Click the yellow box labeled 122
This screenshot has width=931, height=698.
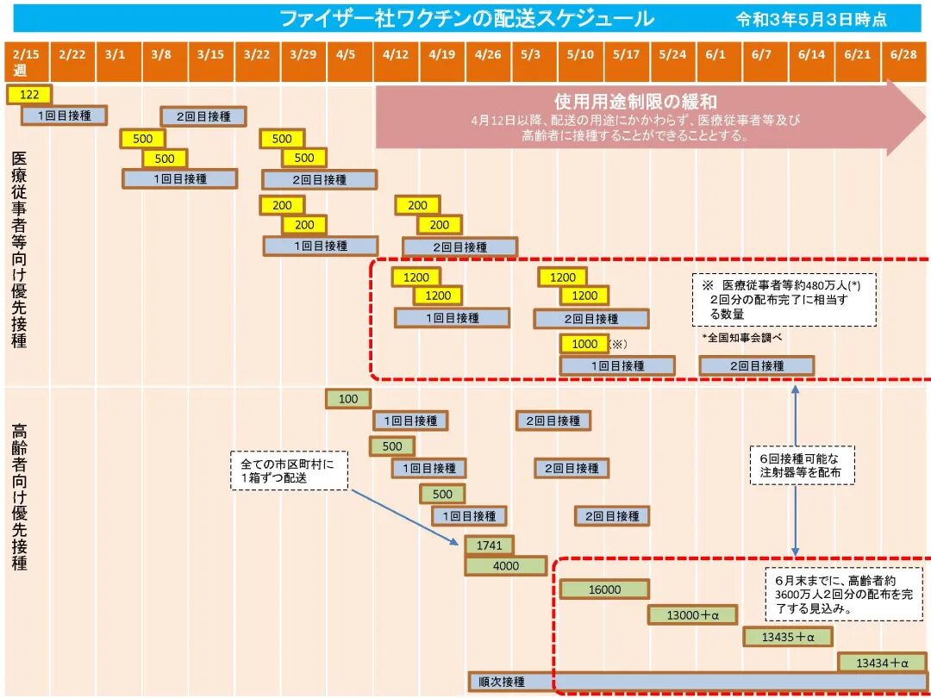click(x=29, y=94)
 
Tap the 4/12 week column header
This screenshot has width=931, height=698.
click(x=396, y=55)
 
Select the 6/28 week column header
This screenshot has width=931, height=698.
click(x=903, y=55)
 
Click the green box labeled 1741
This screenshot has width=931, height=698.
click(x=489, y=545)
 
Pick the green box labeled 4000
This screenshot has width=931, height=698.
click(x=506, y=566)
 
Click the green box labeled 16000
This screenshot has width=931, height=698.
click(x=604, y=589)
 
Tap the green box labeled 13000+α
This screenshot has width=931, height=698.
click(x=692, y=614)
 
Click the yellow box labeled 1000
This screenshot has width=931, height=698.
click(x=584, y=344)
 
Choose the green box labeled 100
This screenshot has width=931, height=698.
click(x=348, y=399)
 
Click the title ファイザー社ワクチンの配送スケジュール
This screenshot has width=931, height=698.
click(x=466, y=18)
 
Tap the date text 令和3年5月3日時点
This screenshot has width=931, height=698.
click(x=811, y=19)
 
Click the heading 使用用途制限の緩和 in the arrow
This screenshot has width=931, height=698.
click(x=635, y=102)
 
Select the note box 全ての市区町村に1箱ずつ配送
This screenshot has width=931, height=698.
click(x=289, y=471)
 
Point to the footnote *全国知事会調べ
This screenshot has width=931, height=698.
click(x=742, y=338)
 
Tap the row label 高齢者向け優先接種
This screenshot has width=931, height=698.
click(x=19, y=495)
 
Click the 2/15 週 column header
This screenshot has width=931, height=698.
click(x=26, y=61)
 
